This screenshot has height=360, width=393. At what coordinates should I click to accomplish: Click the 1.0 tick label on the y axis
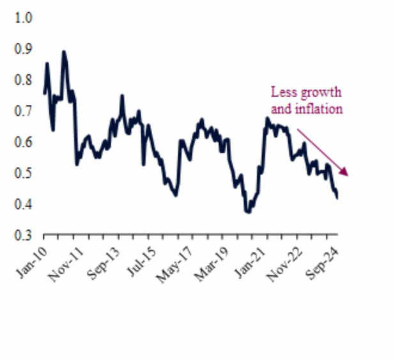point(24,18)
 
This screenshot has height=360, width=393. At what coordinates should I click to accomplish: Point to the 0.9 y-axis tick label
point(24,49)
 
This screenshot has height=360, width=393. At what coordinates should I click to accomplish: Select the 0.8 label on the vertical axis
point(24,81)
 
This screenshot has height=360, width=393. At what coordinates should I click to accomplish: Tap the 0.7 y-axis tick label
point(24,111)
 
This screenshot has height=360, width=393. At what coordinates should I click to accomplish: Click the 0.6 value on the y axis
point(24,143)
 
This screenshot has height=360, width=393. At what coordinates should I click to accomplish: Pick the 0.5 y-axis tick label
point(24,173)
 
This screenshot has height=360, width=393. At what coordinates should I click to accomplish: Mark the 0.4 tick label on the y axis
point(24,205)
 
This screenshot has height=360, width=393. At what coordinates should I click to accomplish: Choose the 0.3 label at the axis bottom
point(24,235)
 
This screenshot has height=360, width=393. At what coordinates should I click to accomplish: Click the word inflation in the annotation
point(319,109)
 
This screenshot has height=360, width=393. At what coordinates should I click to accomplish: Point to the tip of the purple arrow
point(347,175)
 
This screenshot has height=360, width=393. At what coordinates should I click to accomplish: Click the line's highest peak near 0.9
point(63,52)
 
